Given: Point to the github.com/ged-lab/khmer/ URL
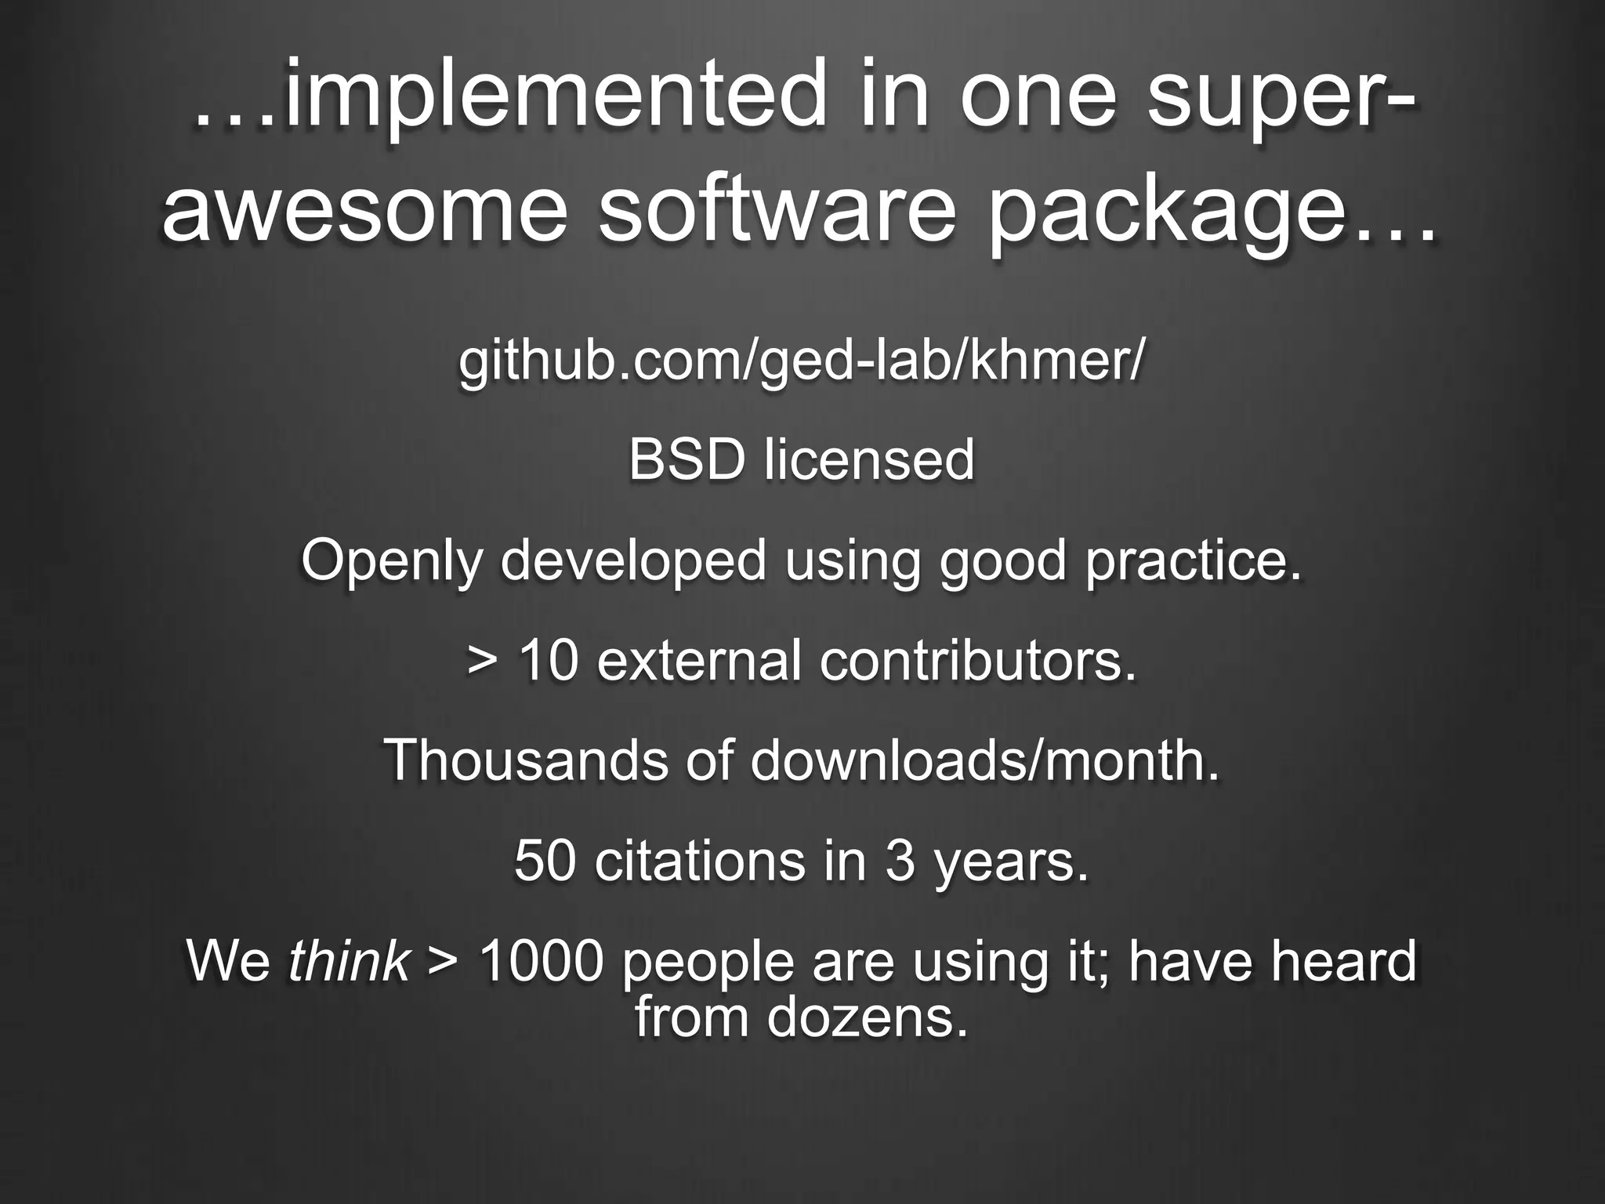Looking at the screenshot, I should coord(802,361).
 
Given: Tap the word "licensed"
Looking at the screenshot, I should coord(870,460).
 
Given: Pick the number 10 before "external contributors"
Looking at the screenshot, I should coord(549,660).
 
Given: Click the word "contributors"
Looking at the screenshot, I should coord(976,660).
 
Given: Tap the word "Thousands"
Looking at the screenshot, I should coord(526,760).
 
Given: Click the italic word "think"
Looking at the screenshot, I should coord(349,961).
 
